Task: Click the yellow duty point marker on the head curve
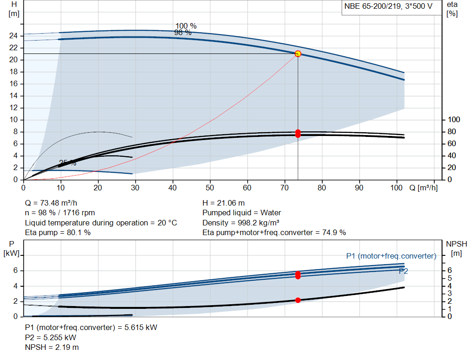[298, 54]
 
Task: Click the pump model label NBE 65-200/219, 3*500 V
[388, 6]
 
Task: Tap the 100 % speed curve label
[186, 26]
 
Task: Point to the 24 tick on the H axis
[13, 36]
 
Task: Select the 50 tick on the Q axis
[210, 188]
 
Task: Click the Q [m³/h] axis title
[424, 188]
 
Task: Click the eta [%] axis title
[452, 9]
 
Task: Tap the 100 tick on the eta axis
[454, 120]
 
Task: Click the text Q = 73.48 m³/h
[51, 203]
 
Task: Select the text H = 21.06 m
[224, 203]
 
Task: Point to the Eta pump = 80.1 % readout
[58, 233]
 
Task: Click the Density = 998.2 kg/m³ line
[241, 223]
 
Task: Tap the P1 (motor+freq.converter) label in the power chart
[391, 256]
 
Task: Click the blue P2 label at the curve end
[403, 271]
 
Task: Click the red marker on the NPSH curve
[298, 301]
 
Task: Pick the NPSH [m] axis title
[456, 248]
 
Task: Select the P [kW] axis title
[12, 248]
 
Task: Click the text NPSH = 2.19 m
[52, 348]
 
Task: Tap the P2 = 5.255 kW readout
[51, 338]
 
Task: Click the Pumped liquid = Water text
[242, 213]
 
